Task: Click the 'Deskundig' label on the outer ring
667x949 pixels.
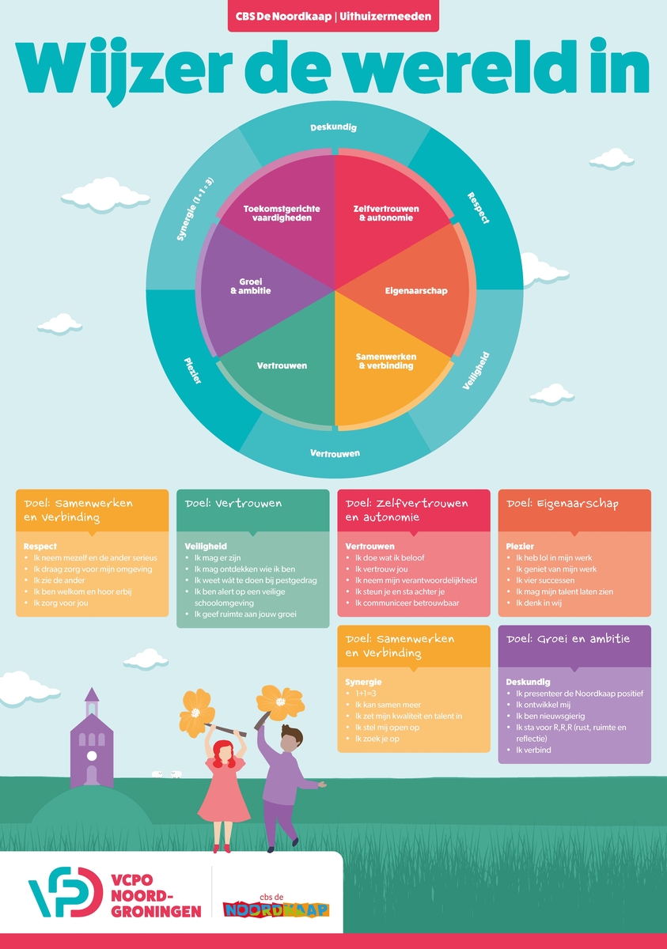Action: pyautogui.click(x=333, y=127)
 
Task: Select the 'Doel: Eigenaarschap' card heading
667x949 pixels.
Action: pyautogui.click(x=563, y=504)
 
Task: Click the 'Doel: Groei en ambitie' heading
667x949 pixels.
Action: pyautogui.click(x=568, y=639)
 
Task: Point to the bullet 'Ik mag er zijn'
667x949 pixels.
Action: pyautogui.click(x=217, y=558)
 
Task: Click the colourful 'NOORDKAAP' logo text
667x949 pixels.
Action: pyautogui.click(x=276, y=909)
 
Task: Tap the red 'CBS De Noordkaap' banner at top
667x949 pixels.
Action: pyautogui.click(x=333, y=17)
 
